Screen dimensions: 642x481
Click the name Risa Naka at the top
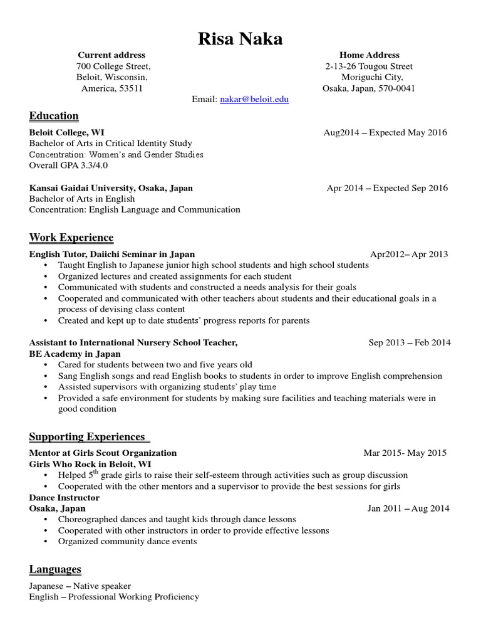(240, 39)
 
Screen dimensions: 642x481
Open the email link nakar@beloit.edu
(254, 100)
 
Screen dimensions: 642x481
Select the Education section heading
(54, 116)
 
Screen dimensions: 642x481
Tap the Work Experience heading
(71, 238)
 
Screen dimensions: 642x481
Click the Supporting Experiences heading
(87, 436)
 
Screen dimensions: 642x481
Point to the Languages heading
(55, 569)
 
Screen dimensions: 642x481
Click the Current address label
(111, 55)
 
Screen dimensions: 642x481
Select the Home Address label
(369, 55)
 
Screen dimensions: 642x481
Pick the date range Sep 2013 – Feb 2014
(409, 343)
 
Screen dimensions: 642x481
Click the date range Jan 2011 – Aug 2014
(408, 508)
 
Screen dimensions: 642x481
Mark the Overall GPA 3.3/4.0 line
(69, 166)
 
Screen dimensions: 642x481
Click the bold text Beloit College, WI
(67, 133)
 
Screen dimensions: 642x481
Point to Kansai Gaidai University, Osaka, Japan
(111, 188)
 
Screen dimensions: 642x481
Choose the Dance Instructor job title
(65, 497)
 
